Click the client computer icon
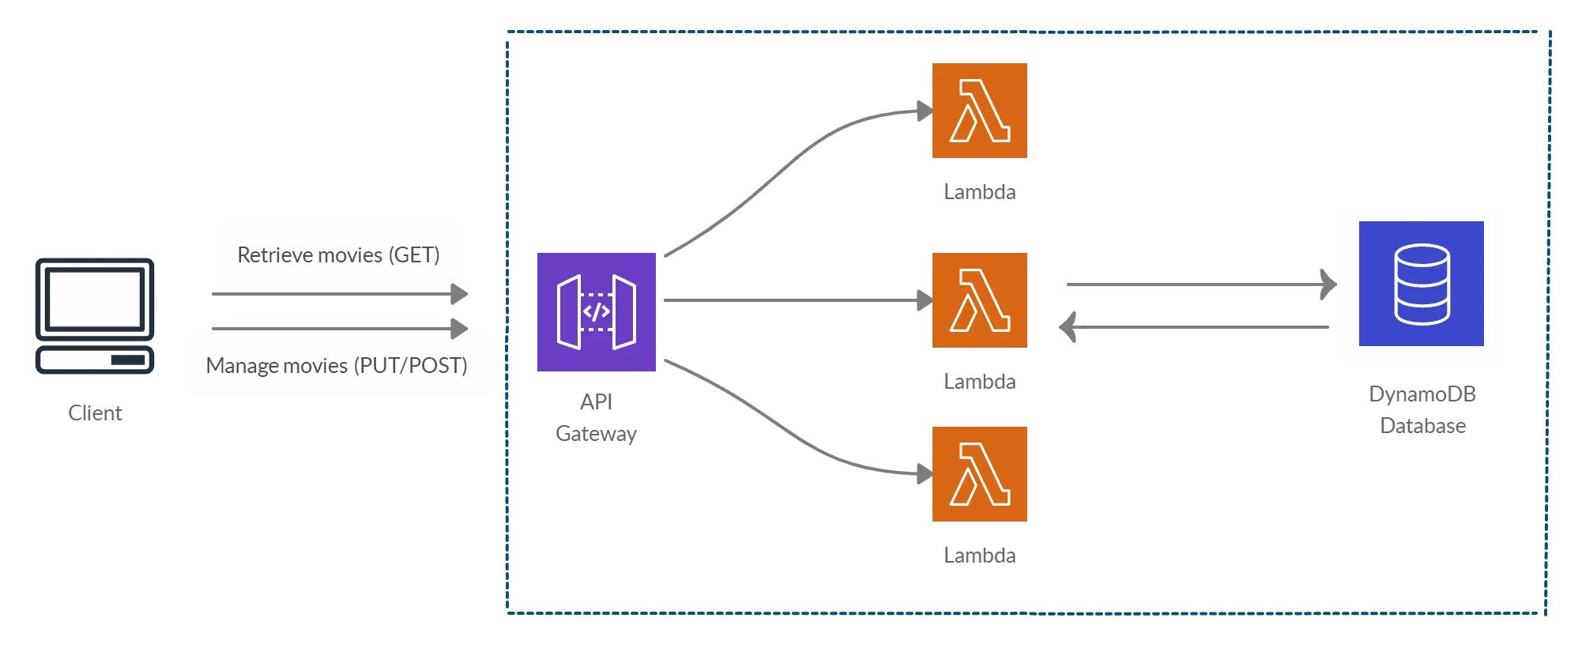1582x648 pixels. click(95, 315)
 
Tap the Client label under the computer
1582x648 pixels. click(96, 413)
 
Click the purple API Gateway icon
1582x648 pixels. click(597, 311)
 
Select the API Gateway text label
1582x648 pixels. click(597, 418)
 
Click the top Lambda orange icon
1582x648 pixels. click(980, 111)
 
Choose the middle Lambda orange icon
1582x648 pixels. click(980, 300)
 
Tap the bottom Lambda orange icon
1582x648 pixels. click(980, 474)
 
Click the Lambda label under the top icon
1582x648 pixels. click(981, 193)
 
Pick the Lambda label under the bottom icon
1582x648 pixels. click(981, 556)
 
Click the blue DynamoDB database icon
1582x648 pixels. click(1422, 284)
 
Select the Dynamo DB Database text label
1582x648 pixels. click(1423, 410)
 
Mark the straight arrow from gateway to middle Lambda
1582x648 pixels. click(790, 300)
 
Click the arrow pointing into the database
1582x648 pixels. click(1193, 284)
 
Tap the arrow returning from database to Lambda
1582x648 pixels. click(1193, 326)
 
